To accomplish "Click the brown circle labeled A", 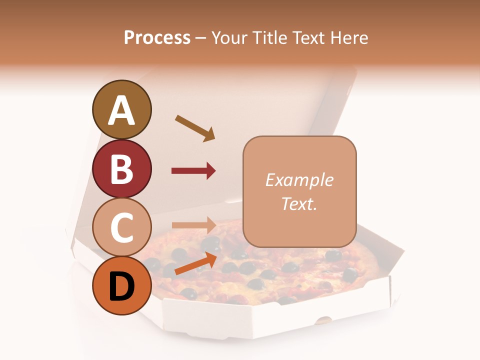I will pyautogui.click(x=121, y=110).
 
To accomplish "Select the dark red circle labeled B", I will pyautogui.click(x=121, y=168).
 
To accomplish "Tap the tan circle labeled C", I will pyautogui.click(x=121, y=227).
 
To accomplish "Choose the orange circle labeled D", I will pyautogui.click(x=121, y=286).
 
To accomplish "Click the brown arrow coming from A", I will pyautogui.click(x=195, y=128).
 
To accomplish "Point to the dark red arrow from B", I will pyautogui.click(x=193, y=171).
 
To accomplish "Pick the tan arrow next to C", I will pyautogui.click(x=193, y=225).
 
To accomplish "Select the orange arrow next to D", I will pyautogui.click(x=195, y=263).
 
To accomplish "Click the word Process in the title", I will pyautogui.click(x=157, y=38).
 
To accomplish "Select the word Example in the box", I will pyautogui.click(x=299, y=180).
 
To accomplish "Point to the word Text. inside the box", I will pyautogui.click(x=299, y=203).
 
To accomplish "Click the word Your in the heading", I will pyautogui.click(x=229, y=38).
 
